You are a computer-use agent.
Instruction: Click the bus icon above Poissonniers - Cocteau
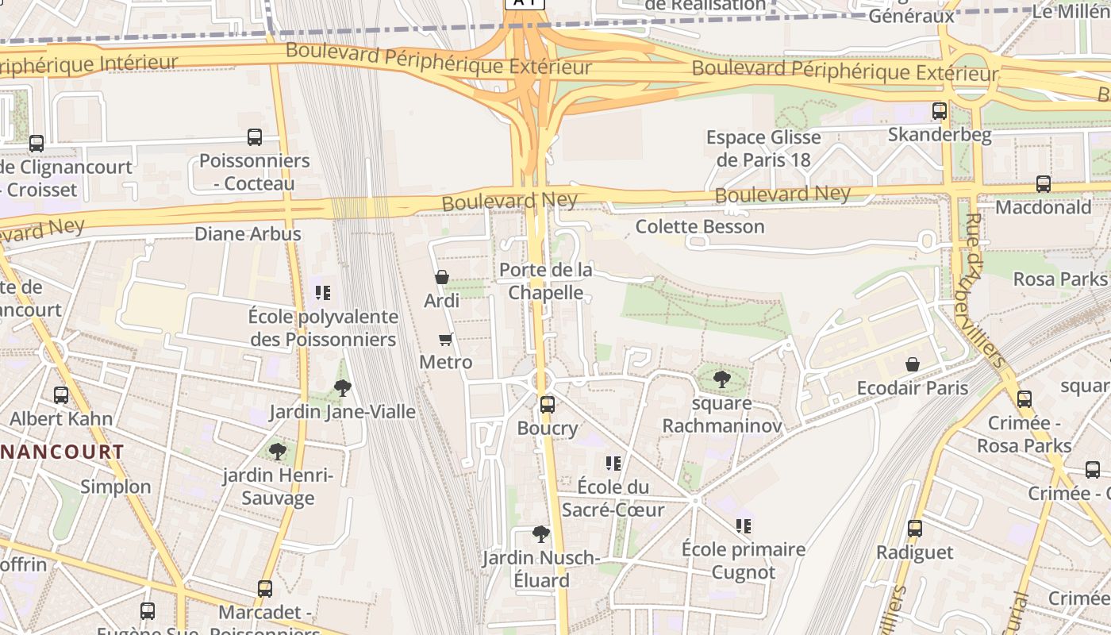(x=255, y=137)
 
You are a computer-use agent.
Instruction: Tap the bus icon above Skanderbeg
(x=940, y=111)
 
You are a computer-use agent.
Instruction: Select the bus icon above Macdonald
(x=1044, y=184)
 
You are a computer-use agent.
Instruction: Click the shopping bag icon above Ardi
(x=442, y=277)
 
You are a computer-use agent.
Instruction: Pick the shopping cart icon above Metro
(x=446, y=339)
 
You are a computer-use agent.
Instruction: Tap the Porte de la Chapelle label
(x=546, y=282)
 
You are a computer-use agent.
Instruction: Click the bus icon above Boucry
(x=548, y=405)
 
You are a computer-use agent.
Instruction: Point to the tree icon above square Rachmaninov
(x=721, y=379)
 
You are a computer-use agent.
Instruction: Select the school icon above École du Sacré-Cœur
(x=613, y=463)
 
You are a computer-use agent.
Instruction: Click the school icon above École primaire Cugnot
(x=743, y=525)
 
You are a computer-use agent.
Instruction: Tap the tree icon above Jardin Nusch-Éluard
(x=541, y=533)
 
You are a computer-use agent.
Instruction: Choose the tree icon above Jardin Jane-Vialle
(x=343, y=388)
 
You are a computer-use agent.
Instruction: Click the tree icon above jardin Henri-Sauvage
(x=278, y=452)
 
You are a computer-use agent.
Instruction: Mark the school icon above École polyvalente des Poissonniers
(x=322, y=293)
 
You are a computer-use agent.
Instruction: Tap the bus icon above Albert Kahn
(x=61, y=394)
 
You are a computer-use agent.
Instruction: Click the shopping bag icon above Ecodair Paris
(x=913, y=364)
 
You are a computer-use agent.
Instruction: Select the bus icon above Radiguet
(x=915, y=529)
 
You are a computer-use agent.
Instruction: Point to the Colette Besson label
(x=700, y=227)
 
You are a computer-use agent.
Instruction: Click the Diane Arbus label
(x=248, y=234)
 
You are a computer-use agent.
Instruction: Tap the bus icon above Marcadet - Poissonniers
(x=265, y=589)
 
